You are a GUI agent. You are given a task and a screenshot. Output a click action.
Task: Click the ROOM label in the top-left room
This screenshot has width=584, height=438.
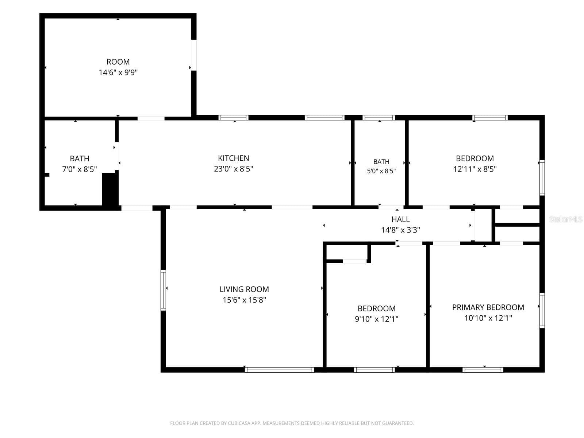pos(118,62)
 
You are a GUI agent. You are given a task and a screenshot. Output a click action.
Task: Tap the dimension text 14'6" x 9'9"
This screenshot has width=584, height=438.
pos(118,72)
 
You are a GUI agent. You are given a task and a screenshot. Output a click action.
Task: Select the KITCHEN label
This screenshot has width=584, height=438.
pos(233,158)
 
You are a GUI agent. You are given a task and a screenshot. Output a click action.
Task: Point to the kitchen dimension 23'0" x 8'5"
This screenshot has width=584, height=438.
pos(233,169)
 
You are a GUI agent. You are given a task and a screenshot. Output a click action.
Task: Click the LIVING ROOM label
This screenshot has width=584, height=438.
pos(244,289)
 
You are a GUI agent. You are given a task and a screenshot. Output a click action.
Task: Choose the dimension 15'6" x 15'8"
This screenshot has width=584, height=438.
pos(244,300)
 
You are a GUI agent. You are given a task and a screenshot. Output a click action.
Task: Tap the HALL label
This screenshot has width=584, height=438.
pos(400,219)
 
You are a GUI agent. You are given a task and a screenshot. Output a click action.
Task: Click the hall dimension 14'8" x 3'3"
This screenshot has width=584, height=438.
pos(400,230)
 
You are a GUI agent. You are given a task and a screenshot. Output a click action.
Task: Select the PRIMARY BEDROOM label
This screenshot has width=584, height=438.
pos(488,307)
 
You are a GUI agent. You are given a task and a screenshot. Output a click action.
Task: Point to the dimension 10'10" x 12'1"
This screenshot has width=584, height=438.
pos(488,318)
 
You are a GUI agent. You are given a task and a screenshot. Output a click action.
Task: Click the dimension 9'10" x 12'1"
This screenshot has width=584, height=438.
pos(376,319)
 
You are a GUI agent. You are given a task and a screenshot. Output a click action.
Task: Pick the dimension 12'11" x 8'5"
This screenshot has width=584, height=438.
pos(475,169)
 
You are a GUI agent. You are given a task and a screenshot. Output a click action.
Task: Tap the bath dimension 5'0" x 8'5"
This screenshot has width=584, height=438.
pos(381,171)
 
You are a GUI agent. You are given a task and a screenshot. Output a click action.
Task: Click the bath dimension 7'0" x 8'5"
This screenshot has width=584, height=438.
pos(79,169)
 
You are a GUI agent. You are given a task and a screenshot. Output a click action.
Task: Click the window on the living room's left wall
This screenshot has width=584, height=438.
pos(164,290)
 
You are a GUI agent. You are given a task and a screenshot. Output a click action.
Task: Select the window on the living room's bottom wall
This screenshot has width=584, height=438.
pos(279,370)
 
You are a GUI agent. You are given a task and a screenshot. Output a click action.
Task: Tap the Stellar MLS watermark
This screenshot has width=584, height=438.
pos(566,219)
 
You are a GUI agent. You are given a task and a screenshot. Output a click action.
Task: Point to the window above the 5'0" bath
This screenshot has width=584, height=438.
pos(379,118)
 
